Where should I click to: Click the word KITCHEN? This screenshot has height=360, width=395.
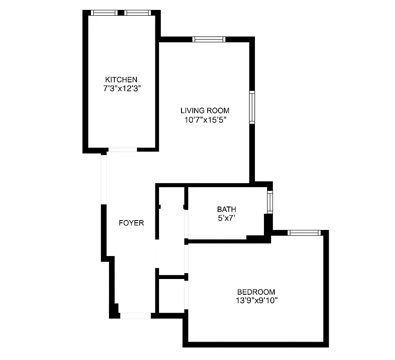point(121,80)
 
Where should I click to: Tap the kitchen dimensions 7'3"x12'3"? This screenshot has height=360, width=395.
point(121,89)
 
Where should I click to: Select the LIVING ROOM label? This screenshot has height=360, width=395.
point(205,110)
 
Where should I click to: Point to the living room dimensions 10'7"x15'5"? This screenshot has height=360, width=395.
point(205,120)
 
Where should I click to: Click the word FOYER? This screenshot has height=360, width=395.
point(132,223)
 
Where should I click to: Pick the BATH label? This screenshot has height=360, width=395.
point(227,209)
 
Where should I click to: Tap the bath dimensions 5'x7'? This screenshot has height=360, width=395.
point(227,218)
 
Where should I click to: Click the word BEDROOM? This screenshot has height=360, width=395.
point(256,292)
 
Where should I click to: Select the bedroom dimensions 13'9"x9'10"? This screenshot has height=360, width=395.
point(256,301)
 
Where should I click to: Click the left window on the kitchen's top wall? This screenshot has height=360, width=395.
point(104,13)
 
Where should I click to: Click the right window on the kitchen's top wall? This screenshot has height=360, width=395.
point(137,13)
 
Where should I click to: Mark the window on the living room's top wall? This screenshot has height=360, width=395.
point(209,39)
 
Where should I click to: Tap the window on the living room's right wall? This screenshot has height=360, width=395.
point(252,107)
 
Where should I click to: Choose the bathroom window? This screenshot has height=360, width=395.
point(270,202)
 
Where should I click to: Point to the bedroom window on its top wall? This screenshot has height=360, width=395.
point(304,233)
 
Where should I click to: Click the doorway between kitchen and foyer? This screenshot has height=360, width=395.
point(122,149)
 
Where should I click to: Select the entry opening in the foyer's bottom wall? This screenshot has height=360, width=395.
point(136,316)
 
